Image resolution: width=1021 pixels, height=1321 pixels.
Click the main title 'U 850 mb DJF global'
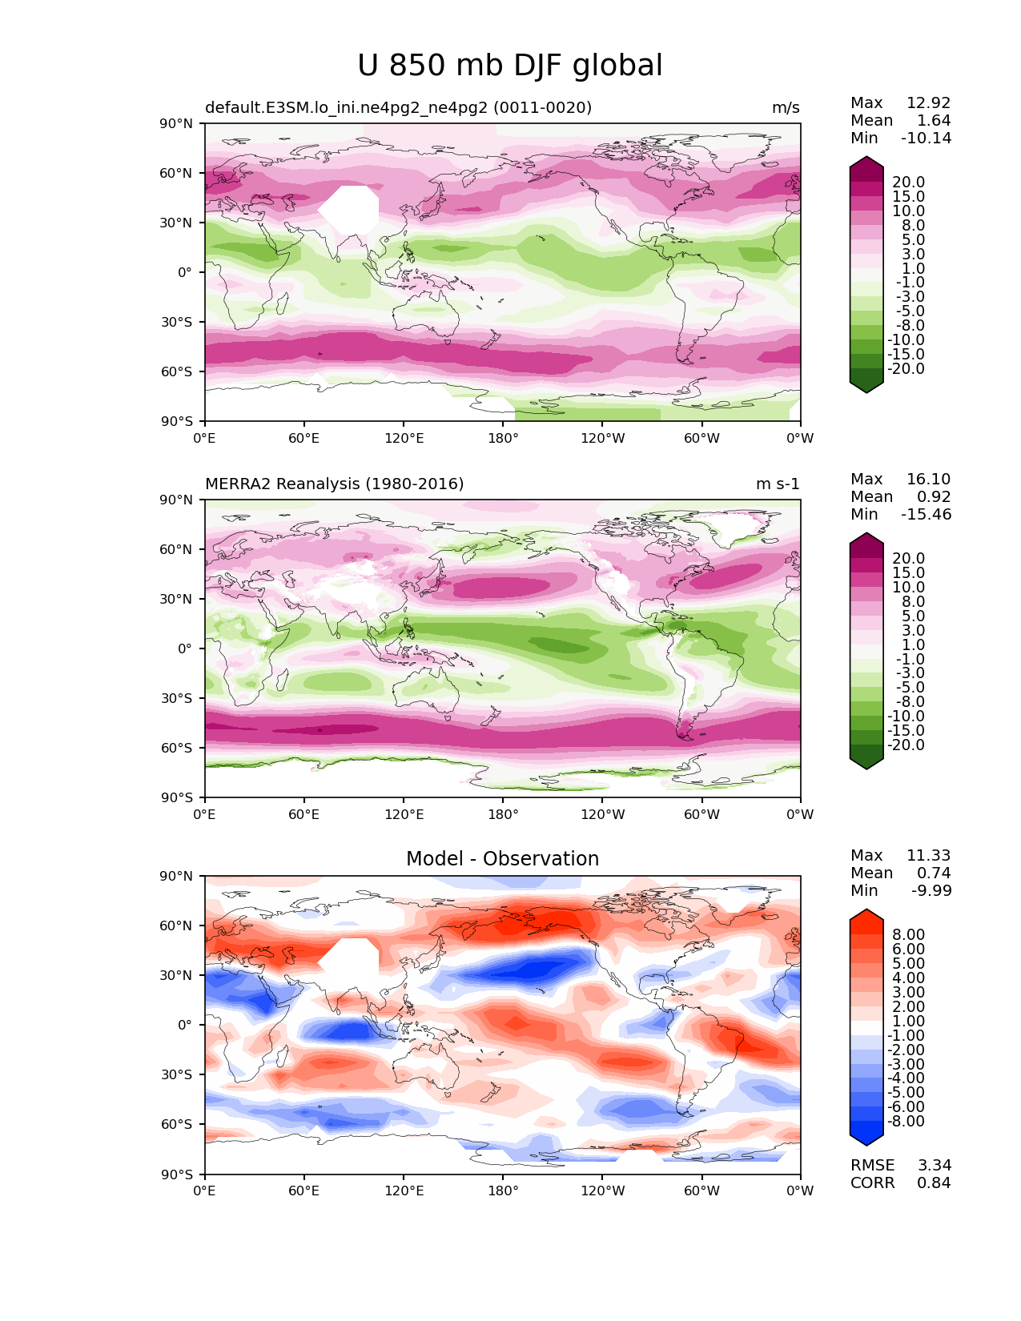point(509,65)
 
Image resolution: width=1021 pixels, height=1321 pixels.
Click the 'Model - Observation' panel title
point(502,858)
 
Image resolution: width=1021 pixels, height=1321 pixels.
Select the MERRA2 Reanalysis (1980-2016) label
point(334,484)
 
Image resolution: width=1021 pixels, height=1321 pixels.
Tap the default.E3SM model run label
point(398,107)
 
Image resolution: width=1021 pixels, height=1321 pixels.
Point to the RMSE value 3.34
point(934,1166)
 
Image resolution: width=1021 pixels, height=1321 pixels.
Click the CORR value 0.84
point(934,1183)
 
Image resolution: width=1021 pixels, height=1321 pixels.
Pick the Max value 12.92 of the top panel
point(929,102)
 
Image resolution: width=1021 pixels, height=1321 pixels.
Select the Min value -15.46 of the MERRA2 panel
point(927,514)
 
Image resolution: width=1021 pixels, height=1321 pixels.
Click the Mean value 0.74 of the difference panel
point(934,873)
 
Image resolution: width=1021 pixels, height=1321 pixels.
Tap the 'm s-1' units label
point(778,484)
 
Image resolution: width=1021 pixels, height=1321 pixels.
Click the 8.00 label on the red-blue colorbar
point(909,934)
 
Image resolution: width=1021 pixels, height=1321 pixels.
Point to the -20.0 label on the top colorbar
point(906,368)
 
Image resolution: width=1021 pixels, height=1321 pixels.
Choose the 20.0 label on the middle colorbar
point(909,558)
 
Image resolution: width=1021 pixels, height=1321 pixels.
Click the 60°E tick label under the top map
point(304,438)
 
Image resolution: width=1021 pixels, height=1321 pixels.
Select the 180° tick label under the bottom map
point(503,1191)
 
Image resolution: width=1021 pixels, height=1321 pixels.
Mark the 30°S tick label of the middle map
point(176,698)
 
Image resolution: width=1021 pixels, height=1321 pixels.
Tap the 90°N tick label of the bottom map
point(176,876)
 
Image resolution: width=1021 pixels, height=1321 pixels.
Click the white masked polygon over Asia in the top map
point(349,210)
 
